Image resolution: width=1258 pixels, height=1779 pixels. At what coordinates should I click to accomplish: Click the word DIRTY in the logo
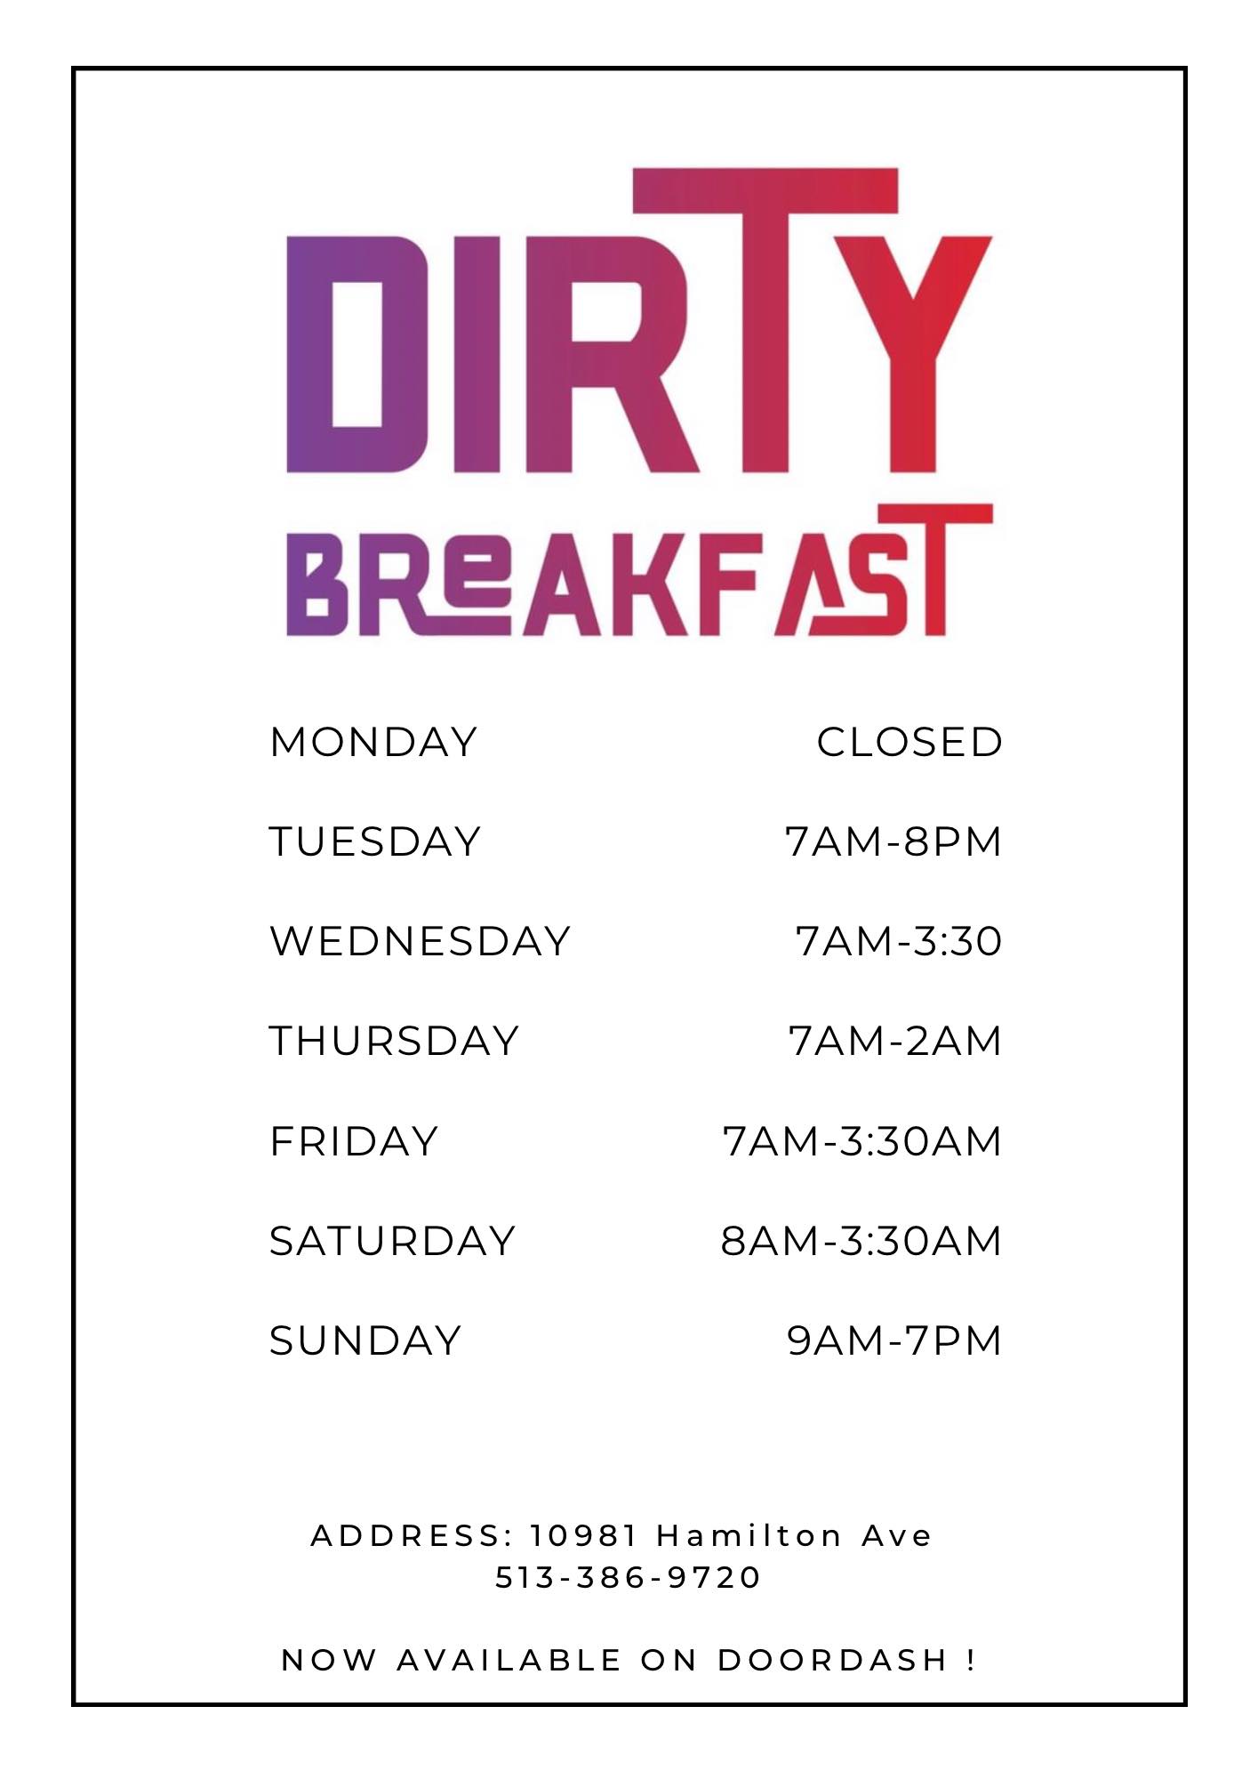(x=638, y=320)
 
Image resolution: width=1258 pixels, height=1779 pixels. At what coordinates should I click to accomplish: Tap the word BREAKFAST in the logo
(x=638, y=570)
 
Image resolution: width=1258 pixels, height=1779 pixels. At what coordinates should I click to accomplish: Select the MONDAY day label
(x=374, y=742)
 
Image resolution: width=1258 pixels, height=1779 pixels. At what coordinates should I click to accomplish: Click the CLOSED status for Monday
(x=909, y=742)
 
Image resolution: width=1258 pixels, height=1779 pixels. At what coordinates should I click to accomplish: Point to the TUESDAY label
(x=375, y=841)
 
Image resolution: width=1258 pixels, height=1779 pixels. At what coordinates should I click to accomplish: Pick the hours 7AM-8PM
(x=893, y=841)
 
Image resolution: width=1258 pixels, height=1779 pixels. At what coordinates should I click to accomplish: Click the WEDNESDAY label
(x=420, y=941)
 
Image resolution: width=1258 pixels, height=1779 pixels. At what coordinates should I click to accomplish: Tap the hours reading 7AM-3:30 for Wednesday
(x=899, y=941)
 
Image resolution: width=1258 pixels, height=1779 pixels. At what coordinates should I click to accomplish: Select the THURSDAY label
(x=394, y=1041)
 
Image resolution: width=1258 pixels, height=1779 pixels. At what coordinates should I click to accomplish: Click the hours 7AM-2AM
(x=895, y=1041)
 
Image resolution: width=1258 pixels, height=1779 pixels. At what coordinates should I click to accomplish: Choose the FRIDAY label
(x=354, y=1141)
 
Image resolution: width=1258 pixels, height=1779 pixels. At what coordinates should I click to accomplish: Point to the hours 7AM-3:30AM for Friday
(x=862, y=1141)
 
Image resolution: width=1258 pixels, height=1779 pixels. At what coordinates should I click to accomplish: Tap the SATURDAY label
(x=392, y=1241)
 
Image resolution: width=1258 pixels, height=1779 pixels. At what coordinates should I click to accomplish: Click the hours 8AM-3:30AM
(x=861, y=1241)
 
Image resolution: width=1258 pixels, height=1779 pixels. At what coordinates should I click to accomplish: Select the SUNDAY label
(x=365, y=1340)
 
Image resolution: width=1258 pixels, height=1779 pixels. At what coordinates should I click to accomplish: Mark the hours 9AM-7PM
(x=894, y=1340)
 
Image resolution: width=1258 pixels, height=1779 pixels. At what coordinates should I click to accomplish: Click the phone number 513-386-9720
(x=628, y=1577)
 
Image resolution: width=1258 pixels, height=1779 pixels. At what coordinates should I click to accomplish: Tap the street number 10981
(x=584, y=1535)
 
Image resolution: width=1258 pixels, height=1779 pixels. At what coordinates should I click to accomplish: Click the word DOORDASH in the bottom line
(x=832, y=1660)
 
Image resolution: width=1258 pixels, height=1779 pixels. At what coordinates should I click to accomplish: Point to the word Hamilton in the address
(x=749, y=1535)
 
